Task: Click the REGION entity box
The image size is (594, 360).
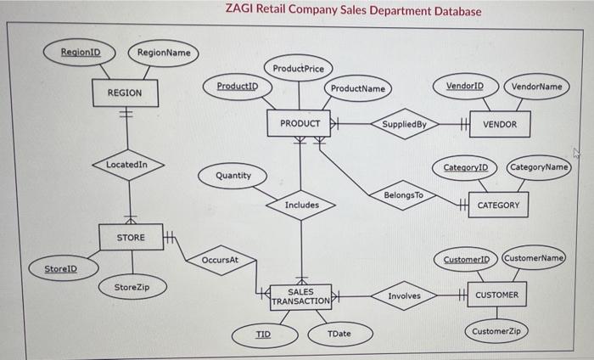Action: coord(124,93)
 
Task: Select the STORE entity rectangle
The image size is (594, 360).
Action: coord(130,238)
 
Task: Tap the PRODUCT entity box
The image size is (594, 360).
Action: coord(300,124)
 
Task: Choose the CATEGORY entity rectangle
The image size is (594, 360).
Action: coord(498,205)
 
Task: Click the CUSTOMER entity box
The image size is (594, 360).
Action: coord(497,295)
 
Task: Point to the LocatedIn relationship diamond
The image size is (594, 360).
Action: coord(125,164)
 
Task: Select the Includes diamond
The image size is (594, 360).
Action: coord(301,205)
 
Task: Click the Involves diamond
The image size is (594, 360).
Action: coord(404,295)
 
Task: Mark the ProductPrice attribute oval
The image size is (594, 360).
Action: coord(298,68)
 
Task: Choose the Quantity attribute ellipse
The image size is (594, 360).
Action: coord(233,176)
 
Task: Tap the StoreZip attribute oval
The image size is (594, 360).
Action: coord(132,287)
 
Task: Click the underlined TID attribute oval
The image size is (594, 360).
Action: coord(264,334)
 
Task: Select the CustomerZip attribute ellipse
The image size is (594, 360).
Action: coord(497,330)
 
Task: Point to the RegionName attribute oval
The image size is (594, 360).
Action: coord(164,53)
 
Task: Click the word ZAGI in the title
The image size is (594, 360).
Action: coord(240,11)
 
